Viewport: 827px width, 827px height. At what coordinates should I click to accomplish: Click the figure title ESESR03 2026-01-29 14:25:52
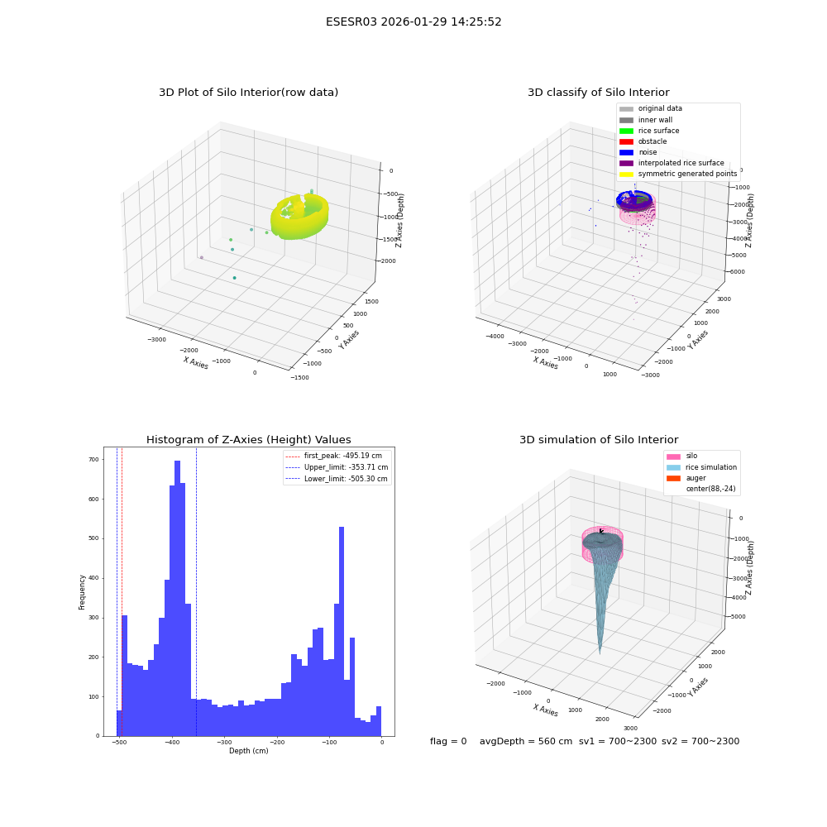coord(413,22)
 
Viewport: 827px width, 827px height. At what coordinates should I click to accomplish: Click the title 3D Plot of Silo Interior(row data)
coord(248,93)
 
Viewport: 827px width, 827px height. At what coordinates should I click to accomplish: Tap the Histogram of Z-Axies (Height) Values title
coord(248,439)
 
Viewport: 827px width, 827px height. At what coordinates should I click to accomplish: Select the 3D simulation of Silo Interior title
coord(599,439)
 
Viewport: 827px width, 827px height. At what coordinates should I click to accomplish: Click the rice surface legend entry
coord(649,131)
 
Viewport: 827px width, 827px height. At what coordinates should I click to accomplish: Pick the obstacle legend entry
coord(643,141)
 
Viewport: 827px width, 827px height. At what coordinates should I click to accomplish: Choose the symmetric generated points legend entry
coord(678,174)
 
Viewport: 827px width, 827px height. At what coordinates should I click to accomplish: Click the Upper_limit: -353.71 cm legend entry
coord(337,467)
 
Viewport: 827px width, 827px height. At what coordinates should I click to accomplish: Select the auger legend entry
coord(686,478)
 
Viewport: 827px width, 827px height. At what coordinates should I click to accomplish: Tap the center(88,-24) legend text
coord(710,489)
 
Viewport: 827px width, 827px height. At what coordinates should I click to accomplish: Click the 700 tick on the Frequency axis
coord(93,459)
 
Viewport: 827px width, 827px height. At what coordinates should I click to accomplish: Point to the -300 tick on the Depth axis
coord(224,743)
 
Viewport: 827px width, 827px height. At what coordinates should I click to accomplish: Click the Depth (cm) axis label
coord(248,751)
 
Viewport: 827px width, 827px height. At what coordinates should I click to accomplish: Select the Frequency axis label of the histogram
coord(82,592)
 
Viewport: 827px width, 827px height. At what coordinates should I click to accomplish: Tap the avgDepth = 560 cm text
coord(525,741)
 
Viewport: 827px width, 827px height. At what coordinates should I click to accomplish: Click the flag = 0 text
coord(448,741)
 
